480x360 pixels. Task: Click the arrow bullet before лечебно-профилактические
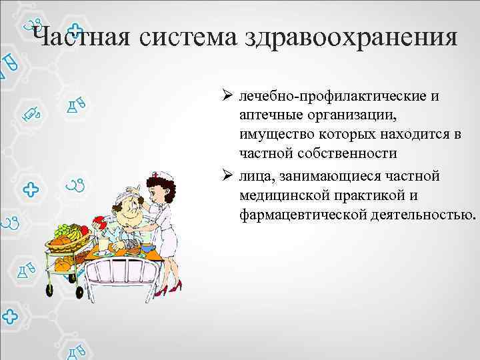227,97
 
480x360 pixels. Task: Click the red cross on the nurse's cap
155,175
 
